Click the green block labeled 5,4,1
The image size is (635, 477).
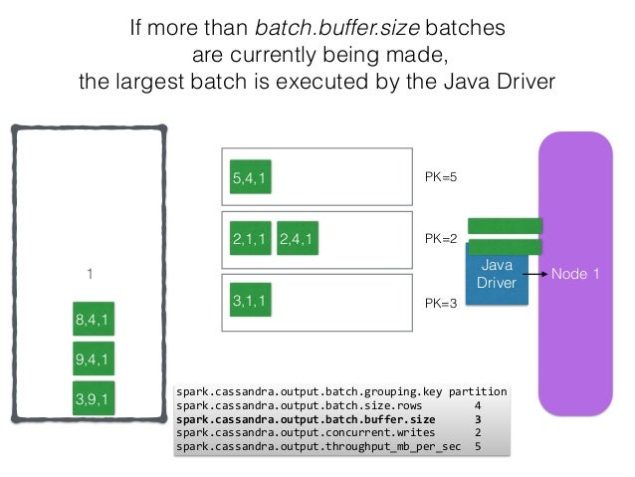click(x=250, y=180)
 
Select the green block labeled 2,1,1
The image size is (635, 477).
click(x=250, y=239)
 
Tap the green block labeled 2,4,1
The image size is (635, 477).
click(x=298, y=239)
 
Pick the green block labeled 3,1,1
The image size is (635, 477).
click(x=250, y=299)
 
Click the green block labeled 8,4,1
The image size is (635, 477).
click(x=94, y=321)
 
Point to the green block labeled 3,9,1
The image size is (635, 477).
click(x=94, y=399)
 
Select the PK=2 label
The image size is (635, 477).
click(x=441, y=239)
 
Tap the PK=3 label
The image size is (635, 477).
click(x=441, y=300)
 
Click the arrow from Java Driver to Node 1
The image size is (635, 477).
click(x=535, y=274)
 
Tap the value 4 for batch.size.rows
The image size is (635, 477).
click(x=479, y=405)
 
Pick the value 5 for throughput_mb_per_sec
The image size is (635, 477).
click(x=479, y=447)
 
